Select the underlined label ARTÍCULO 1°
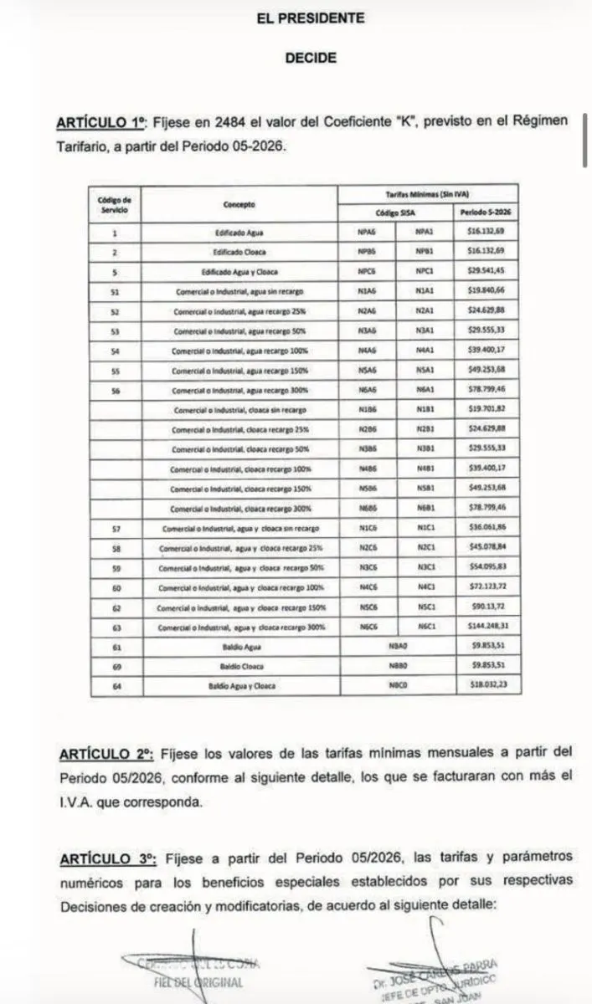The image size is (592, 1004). [101, 121]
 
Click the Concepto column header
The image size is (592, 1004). [239, 204]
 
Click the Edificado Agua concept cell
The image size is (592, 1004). [239, 233]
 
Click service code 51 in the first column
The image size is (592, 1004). [116, 291]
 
